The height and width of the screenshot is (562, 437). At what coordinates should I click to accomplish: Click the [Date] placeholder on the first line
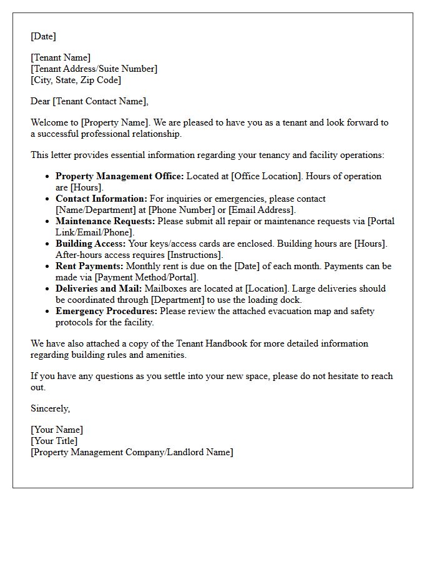(x=43, y=36)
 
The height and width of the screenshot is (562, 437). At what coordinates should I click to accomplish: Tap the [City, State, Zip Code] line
(x=76, y=80)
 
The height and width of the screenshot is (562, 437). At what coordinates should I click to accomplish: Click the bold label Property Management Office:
(x=120, y=176)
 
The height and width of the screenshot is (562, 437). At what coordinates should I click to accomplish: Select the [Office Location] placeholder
(x=267, y=176)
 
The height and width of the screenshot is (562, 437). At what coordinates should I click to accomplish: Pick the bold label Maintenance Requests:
(x=106, y=221)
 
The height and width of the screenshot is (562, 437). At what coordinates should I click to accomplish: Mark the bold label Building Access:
(x=91, y=244)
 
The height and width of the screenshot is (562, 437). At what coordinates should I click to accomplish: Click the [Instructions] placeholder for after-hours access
(x=194, y=255)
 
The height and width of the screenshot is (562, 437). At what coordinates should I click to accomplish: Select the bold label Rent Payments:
(x=89, y=266)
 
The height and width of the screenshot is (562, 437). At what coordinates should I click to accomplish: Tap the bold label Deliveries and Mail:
(x=99, y=288)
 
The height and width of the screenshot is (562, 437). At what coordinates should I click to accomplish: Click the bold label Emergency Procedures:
(x=106, y=311)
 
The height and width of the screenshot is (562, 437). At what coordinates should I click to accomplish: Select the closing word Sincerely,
(x=51, y=408)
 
